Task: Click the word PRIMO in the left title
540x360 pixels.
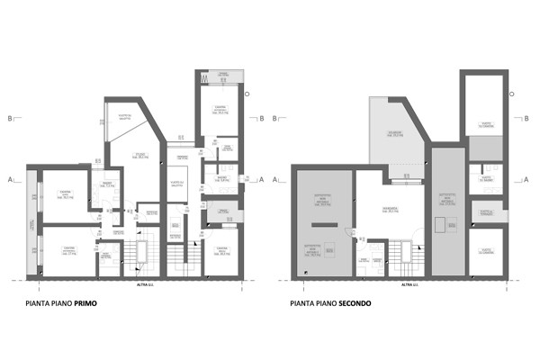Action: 85,303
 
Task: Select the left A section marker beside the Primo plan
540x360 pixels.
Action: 8,179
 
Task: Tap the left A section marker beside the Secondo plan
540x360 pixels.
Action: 286,179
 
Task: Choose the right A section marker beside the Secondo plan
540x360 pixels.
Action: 529,179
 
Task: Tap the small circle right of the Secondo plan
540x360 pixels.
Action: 511,94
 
